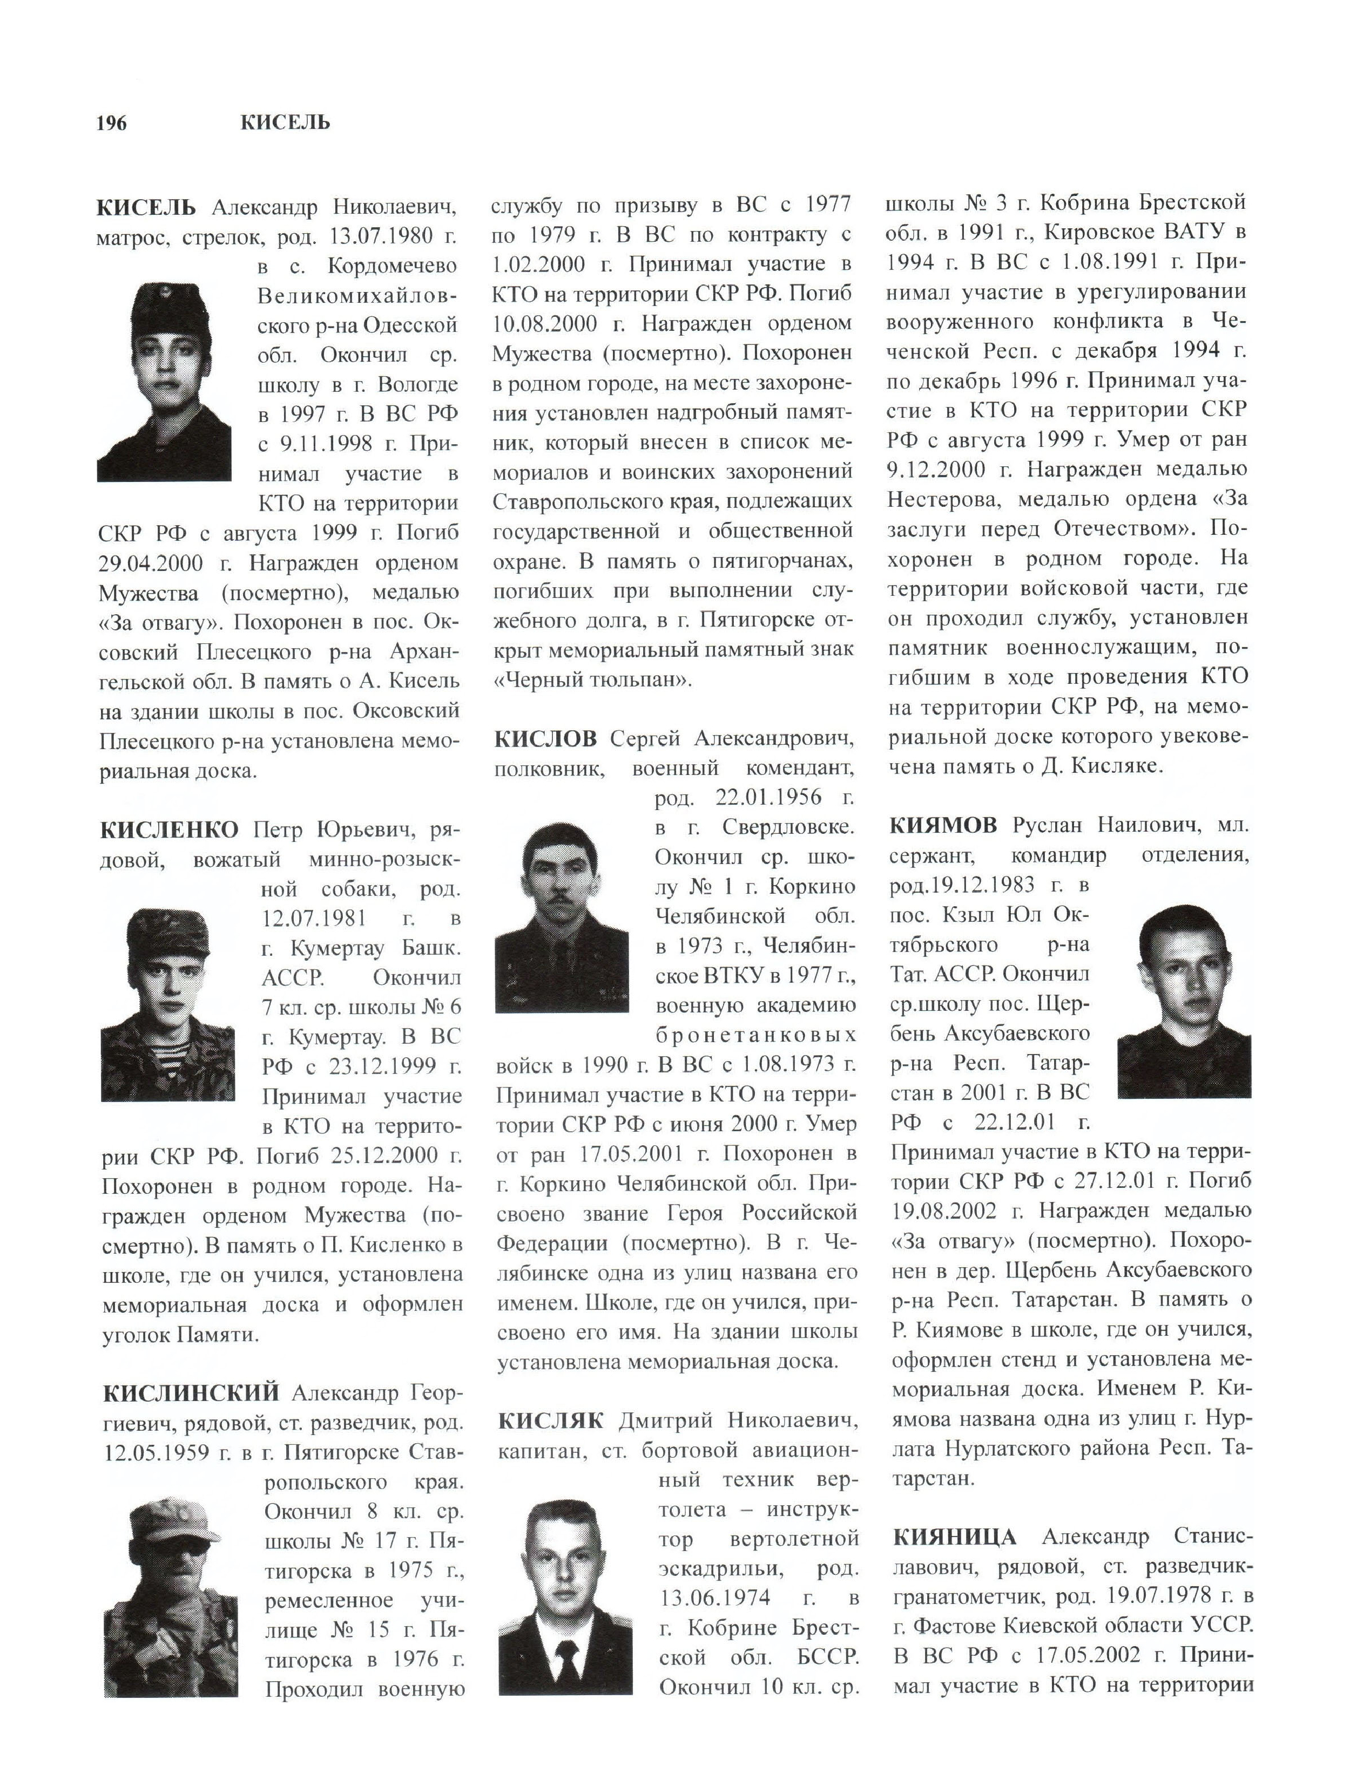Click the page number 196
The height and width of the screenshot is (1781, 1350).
pyautogui.click(x=111, y=123)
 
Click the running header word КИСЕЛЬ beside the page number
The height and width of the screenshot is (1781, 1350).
pyautogui.click(x=285, y=123)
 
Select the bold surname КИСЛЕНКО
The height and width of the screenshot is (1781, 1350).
pyautogui.click(x=169, y=830)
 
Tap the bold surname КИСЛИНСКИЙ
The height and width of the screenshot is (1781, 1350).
pyautogui.click(x=191, y=1392)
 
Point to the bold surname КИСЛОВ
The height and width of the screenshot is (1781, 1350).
pyautogui.click(x=545, y=738)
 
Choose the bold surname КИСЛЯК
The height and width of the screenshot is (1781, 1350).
pyautogui.click(x=550, y=1421)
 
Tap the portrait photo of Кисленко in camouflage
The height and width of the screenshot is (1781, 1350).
pyautogui.click(x=168, y=1005)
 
